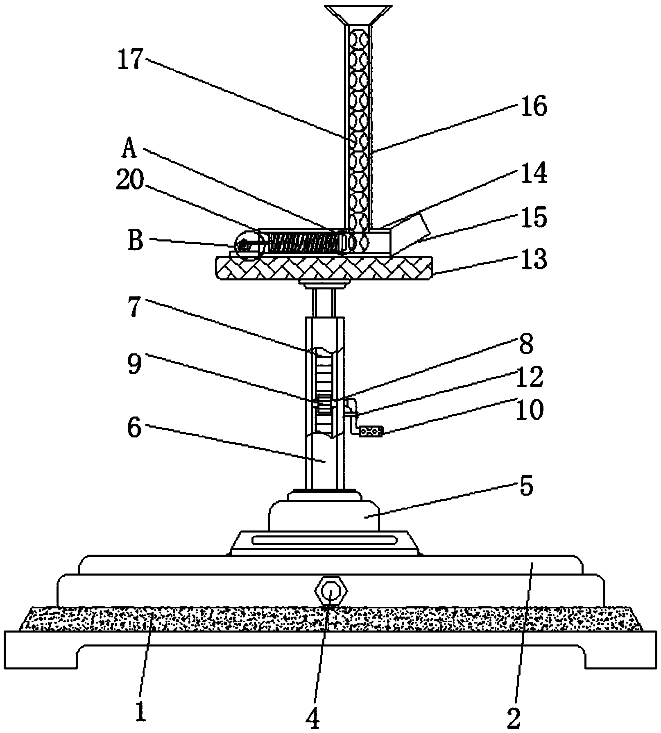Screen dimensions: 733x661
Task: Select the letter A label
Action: coord(129,148)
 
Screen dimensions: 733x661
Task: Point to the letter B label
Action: coord(136,241)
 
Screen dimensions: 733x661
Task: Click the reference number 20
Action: coord(130,180)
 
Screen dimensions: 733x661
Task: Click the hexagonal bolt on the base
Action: coord(330,592)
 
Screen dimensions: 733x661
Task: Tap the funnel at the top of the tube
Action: coord(358,14)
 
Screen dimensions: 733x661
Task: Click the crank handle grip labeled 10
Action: coord(371,432)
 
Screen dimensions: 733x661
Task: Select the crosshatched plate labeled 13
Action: coord(324,268)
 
